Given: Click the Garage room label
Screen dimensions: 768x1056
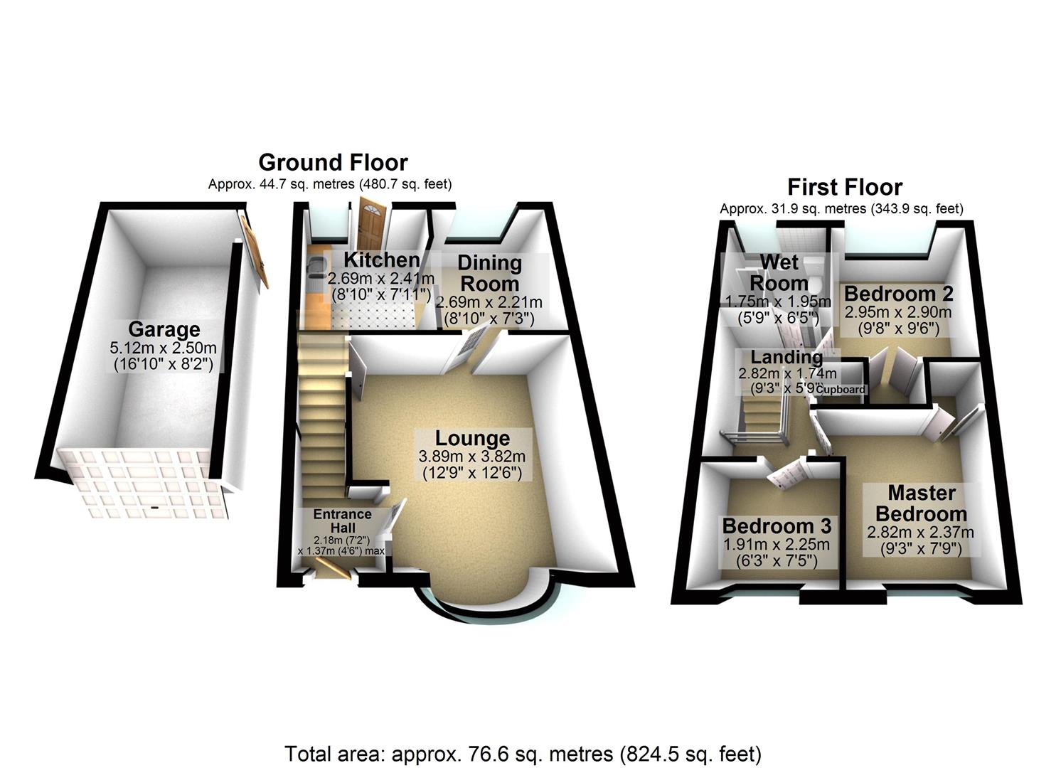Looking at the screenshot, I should click(164, 330).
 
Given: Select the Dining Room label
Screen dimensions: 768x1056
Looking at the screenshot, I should click(489, 273).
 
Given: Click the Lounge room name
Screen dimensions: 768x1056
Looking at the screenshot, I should click(472, 439).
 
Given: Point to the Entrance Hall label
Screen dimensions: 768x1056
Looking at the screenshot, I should click(342, 521).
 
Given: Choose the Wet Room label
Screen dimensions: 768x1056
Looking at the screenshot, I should click(779, 272).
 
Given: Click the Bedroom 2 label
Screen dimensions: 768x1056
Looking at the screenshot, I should click(898, 294).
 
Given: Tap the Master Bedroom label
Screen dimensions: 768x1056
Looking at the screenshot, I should click(921, 503).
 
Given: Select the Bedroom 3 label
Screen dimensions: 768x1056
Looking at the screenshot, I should click(777, 526).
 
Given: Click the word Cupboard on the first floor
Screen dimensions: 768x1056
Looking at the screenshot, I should click(841, 390).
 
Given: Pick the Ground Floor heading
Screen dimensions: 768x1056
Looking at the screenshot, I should click(333, 162).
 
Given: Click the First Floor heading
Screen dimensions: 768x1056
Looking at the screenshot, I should click(845, 187).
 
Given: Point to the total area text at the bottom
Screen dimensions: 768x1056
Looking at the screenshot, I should click(523, 754).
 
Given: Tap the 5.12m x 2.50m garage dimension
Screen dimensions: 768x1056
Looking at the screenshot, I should click(164, 348).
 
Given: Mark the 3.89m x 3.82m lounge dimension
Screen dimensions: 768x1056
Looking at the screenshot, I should click(472, 457).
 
